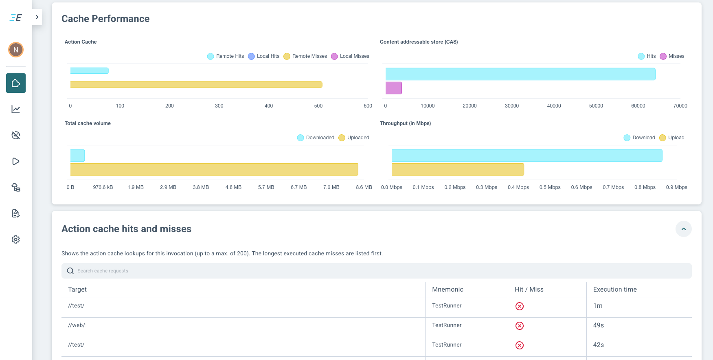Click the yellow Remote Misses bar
(x=196, y=85)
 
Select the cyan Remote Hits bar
(x=89, y=71)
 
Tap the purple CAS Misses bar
(x=394, y=88)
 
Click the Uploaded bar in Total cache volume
(x=214, y=169)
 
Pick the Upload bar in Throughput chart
(x=458, y=169)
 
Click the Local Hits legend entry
(x=264, y=56)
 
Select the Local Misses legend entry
(x=350, y=56)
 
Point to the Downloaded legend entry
(x=316, y=138)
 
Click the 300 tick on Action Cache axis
(x=219, y=106)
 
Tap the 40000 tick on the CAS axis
(x=554, y=106)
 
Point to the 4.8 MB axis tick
(x=233, y=187)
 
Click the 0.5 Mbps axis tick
(x=550, y=187)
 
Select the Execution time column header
(x=615, y=290)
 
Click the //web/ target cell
(x=77, y=325)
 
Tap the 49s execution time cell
(x=598, y=325)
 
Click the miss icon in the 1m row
(x=520, y=306)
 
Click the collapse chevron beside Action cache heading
(x=683, y=229)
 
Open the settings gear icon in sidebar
(x=16, y=239)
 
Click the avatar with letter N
(x=16, y=50)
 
